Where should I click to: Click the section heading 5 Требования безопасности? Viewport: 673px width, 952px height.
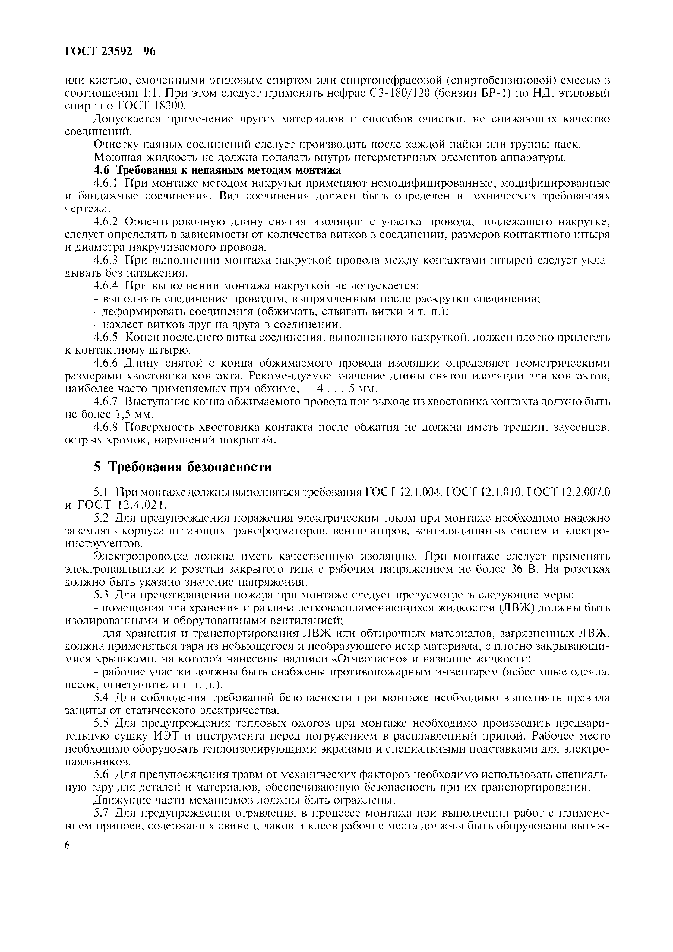click(182, 467)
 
